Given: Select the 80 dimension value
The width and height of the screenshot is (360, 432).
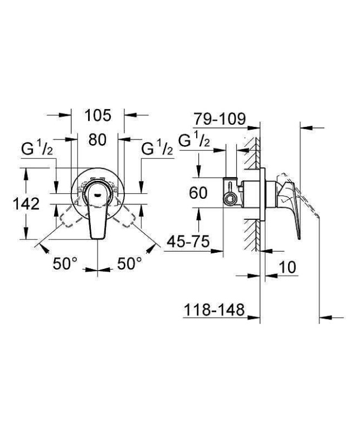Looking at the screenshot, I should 97,140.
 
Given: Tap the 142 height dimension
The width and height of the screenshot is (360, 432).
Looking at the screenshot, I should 26,204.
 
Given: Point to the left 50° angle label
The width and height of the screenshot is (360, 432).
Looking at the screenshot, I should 65,263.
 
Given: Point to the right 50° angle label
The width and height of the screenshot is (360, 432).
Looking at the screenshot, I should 129,263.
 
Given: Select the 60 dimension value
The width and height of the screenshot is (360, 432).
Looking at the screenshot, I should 198,193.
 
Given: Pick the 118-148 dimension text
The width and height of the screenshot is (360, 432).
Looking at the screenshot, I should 214,310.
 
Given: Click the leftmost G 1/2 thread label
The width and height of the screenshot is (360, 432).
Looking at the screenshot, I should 37,150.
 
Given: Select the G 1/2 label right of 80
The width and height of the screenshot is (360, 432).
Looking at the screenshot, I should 157,150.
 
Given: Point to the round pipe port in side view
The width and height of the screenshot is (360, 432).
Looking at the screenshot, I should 227,198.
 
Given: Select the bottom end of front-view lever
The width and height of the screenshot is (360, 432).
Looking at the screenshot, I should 98,238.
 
